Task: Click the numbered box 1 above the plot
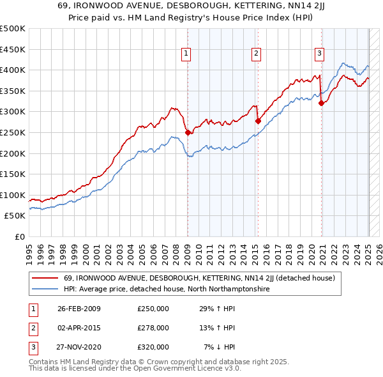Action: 186,54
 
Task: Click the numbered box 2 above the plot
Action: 255,54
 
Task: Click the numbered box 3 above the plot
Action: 319,54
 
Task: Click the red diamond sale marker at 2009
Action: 188,133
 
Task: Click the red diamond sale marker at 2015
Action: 258,121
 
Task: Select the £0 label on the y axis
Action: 19,236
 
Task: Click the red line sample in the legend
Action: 45,278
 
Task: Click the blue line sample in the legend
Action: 45,289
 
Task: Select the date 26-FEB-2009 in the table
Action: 79,309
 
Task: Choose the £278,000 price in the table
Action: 153,328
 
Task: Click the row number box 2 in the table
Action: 33,328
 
